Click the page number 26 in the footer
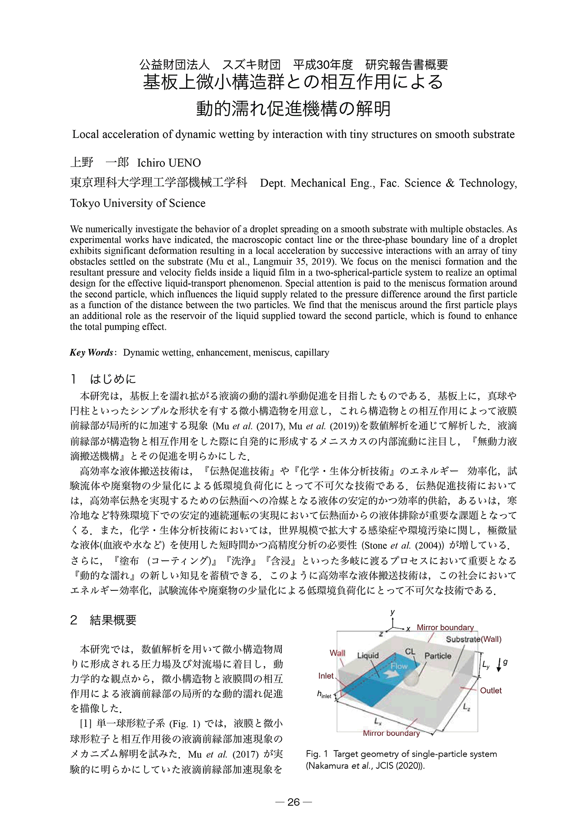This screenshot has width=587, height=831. (293, 802)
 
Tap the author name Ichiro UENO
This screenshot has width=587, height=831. (169, 163)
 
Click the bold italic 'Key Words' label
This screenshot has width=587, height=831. (91, 352)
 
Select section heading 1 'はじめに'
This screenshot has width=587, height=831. (113, 379)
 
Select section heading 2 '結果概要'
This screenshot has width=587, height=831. (113, 620)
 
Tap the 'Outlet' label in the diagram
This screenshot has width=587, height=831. (490, 690)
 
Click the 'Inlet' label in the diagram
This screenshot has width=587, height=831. (326, 676)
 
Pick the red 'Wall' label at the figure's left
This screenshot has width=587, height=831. (337, 653)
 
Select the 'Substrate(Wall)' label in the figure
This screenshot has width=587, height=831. (474, 639)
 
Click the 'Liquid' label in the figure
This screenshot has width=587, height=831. (368, 655)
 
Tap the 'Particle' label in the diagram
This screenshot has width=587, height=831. (438, 656)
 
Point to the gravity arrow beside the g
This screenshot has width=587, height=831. (498, 666)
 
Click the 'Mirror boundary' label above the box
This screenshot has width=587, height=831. (445, 627)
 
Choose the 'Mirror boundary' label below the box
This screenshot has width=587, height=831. (391, 733)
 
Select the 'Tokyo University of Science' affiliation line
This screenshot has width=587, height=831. (138, 203)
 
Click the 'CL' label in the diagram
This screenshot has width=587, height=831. (410, 652)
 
